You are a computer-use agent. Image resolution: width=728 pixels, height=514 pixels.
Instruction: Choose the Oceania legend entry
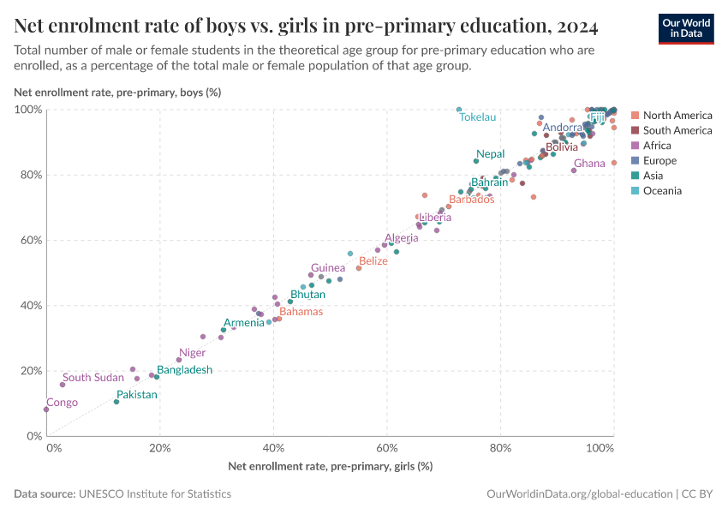[662, 191]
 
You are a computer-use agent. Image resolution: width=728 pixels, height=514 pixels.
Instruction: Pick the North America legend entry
[677, 116]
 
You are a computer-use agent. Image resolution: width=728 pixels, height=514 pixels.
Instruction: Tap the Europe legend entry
[659, 161]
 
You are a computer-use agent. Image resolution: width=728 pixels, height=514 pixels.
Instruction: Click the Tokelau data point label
[477, 117]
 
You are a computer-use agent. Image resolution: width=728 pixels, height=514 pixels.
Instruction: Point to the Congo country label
[62, 403]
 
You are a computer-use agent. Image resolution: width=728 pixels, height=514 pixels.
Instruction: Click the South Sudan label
[93, 378]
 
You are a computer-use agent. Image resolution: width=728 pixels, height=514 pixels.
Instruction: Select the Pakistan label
[137, 395]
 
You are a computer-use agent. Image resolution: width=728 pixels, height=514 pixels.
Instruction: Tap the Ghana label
[589, 164]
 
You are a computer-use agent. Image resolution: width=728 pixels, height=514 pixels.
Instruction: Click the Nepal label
[491, 154]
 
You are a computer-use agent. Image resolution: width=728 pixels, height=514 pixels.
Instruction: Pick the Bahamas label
[301, 312]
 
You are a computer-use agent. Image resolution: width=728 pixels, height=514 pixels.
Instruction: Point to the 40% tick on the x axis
[273, 448]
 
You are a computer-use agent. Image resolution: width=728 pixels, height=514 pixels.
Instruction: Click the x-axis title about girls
[330, 466]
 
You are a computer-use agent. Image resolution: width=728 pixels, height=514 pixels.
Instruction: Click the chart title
[306, 26]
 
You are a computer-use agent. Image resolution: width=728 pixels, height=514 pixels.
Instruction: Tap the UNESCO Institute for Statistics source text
[154, 494]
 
